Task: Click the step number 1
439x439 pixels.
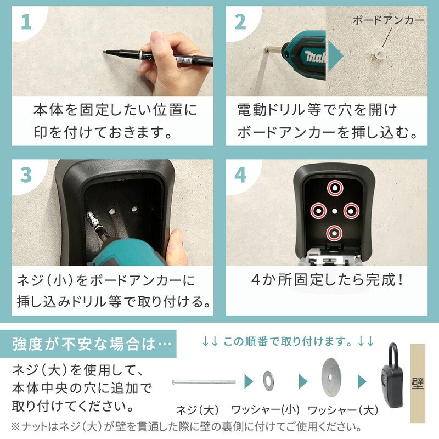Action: pyautogui.click(x=26, y=22)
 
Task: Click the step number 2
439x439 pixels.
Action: pyautogui.click(x=240, y=22)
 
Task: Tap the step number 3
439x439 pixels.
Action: pyautogui.click(x=26, y=175)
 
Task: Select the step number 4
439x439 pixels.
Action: pyautogui.click(x=240, y=175)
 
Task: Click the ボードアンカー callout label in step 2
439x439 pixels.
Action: pyautogui.click(x=388, y=20)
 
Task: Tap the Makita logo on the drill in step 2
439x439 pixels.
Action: pyautogui.click(x=315, y=57)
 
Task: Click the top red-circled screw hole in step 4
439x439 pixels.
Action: pyautogui.click(x=335, y=188)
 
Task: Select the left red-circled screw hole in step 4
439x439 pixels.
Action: pyautogui.click(x=319, y=211)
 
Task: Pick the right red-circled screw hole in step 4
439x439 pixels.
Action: pyautogui.click(x=351, y=211)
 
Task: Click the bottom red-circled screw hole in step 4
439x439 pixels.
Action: pyautogui.click(x=334, y=233)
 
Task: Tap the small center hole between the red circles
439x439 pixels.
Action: pyautogui.click(x=335, y=211)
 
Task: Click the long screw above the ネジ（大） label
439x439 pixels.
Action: pyautogui.click(x=204, y=381)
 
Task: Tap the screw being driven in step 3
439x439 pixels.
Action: pyautogui.click(x=93, y=221)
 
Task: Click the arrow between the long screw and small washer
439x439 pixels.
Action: pyautogui.click(x=249, y=381)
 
